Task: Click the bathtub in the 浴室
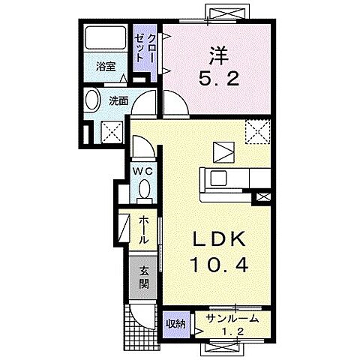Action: (x=105, y=38)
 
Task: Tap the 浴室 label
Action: (x=106, y=67)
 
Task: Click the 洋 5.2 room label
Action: (x=218, y=66)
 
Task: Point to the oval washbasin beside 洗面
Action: (x=91, y=100)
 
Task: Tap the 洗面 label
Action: (x=118, y=100)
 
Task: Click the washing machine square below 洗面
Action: (x=112, y=132)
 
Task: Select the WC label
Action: (x=142, y=171)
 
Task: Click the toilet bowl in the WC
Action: (x=144, y=189)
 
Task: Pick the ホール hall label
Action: (x=143, y=231)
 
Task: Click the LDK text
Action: (x=218, y=240)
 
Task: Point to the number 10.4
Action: (x=219, y=265)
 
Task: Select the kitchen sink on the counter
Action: (x=219, y=178)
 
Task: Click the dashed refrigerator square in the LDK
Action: (x=258, y=131)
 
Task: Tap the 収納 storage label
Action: (x=175, y=324)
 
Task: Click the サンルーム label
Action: (x=232, y=319)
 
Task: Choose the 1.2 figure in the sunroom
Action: (x=232, y=331)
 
